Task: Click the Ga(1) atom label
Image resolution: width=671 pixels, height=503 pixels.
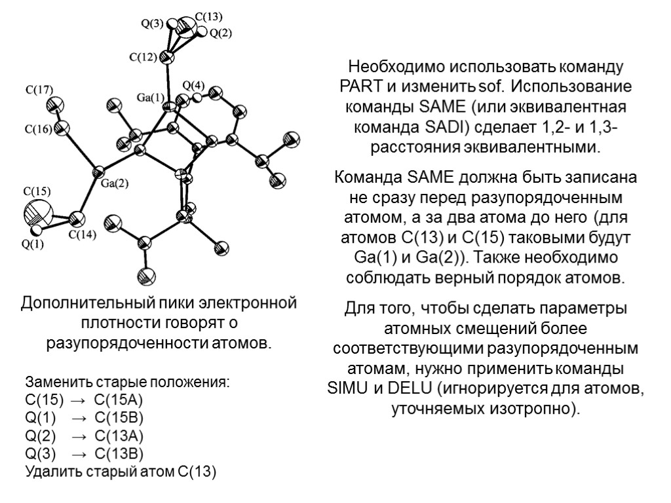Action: point(151,98)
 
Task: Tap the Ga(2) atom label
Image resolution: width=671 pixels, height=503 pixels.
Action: point(115,183)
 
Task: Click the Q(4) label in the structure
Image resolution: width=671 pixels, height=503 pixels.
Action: point(193,85)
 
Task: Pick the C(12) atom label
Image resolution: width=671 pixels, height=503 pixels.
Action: point(143,57)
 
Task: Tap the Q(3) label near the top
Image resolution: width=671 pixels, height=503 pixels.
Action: point(153,24)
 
